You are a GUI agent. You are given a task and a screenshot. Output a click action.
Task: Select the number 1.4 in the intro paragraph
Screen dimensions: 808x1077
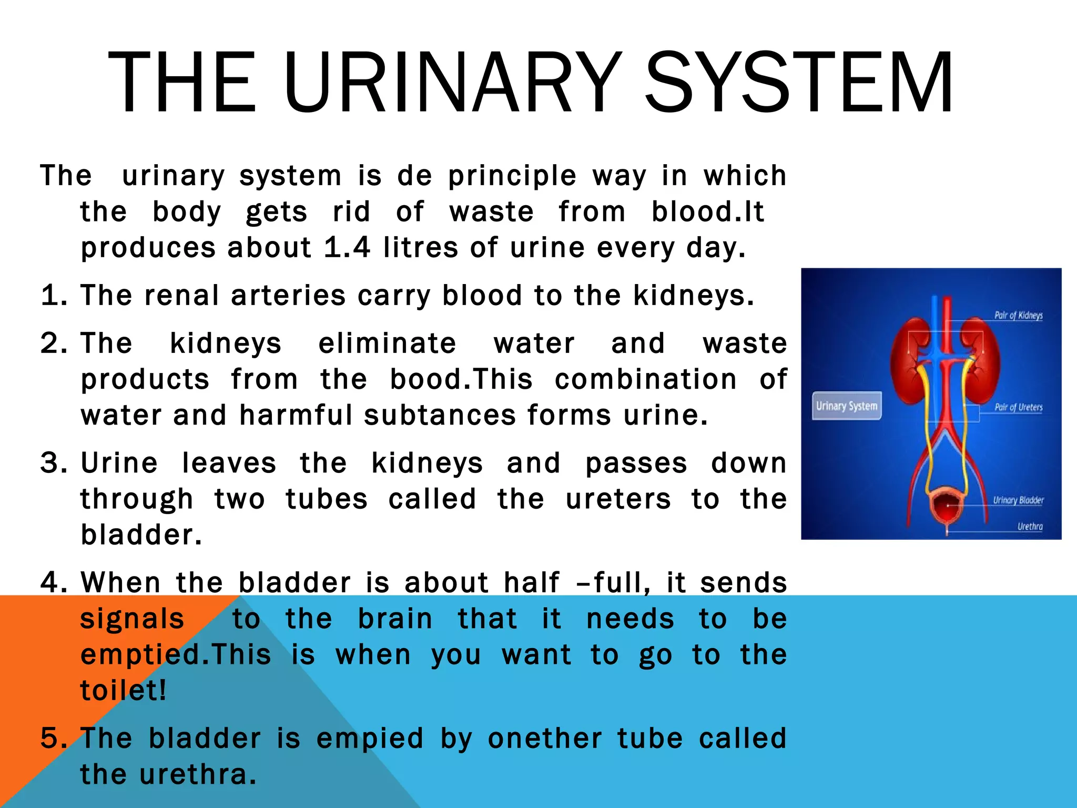(347, 248)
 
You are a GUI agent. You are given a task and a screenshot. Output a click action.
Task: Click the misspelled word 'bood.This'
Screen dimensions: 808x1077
(461, 379)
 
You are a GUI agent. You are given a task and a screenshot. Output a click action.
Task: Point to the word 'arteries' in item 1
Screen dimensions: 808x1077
(288, 296)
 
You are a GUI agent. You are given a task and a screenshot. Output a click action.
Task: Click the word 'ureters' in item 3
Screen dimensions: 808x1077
(618, 499)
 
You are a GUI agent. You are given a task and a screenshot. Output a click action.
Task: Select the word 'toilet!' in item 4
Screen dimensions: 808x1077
(123, 691)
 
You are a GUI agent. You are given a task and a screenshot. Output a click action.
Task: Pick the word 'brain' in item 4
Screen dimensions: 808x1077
(395, 619)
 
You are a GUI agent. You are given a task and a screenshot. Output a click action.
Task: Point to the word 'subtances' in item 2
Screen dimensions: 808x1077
(440, 416)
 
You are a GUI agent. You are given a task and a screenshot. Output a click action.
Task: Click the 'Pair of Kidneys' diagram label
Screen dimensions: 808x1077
(1018, 316)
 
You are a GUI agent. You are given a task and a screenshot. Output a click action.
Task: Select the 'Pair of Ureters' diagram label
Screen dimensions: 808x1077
(1018, 407)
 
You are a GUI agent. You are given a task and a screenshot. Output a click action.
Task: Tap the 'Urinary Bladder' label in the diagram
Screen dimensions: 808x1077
(1018, 500)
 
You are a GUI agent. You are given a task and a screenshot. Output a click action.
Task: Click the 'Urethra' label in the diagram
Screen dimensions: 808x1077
(1030, 527)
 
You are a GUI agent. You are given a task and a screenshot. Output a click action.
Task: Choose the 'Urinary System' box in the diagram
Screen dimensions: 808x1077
(847, 406)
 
